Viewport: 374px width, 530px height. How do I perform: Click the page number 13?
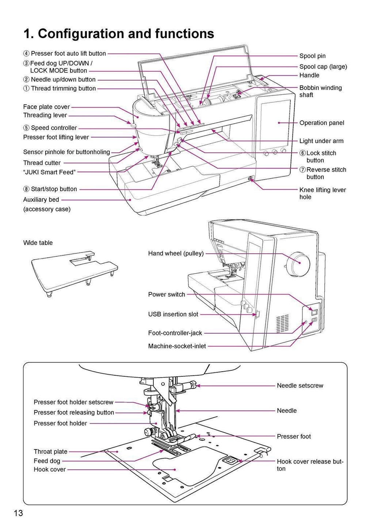click(x=18, y=513)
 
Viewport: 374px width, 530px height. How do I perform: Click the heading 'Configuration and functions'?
click(x=119, y=34)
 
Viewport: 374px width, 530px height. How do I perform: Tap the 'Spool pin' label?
click(x=312, y=56)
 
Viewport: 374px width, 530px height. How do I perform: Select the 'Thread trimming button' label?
click(x=63, y=89)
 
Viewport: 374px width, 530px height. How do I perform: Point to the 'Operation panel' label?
click(x=321, y=123)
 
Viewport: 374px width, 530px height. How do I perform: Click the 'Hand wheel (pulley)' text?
click(x=176, y=253)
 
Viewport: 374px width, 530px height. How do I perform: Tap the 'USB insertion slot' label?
click(x=173, y=314)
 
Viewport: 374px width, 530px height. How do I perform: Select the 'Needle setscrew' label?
click(x=300, y=386)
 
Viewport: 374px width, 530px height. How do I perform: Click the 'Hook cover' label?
click(x=50, y=470)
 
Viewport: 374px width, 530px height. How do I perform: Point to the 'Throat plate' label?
click(x=50, y=452)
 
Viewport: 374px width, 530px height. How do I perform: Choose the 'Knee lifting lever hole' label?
click(x=323, y=193)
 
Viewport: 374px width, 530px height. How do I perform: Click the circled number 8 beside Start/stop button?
click(x=26, y=189)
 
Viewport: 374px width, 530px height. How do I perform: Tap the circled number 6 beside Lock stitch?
click(x=302, y=153)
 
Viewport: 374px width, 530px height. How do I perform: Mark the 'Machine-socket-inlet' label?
click(x=177, y=346)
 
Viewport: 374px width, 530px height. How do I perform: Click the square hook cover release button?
click(x=230, y=460)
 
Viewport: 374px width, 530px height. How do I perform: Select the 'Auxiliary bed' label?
click(x=41, y=200)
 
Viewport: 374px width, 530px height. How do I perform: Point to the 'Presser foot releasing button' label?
click(x=74, y=413)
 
